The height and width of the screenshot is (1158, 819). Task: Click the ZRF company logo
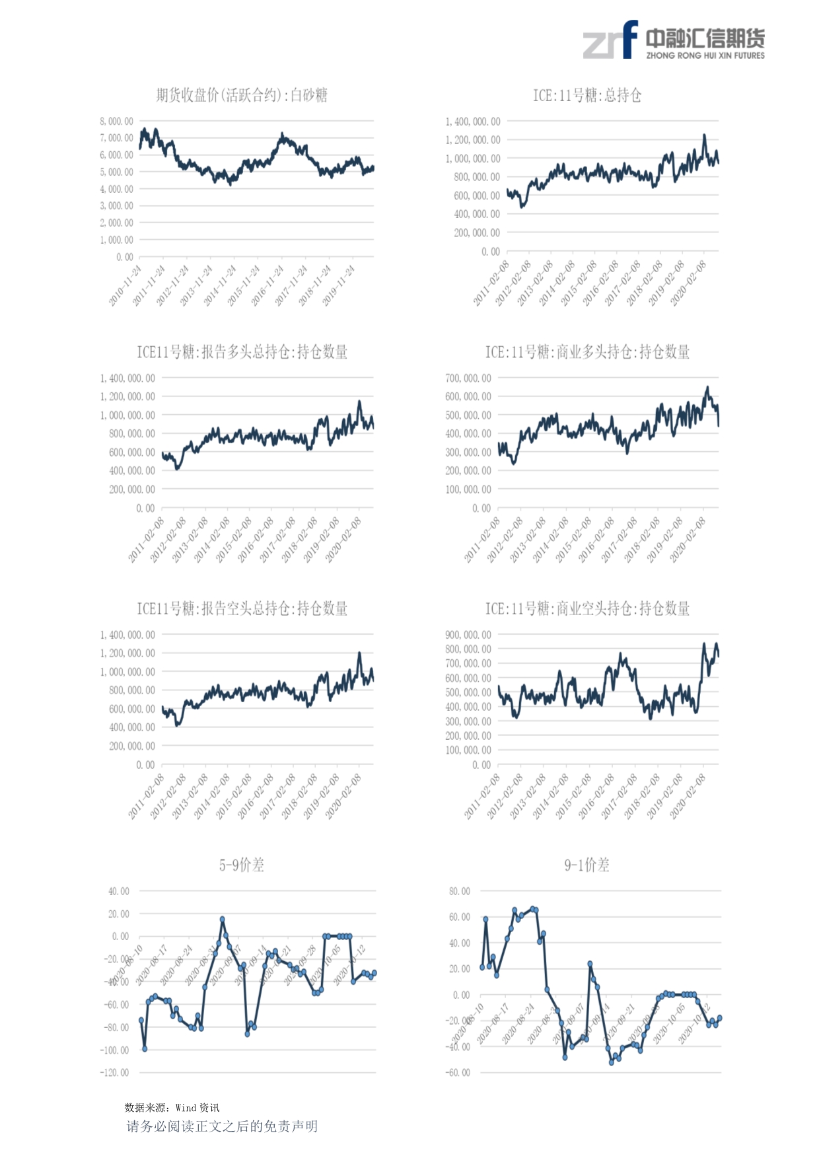coord(673,40)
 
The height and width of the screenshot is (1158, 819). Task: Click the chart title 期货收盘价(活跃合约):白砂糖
coord(242,96)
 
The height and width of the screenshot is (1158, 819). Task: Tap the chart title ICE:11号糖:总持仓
coord(587,96)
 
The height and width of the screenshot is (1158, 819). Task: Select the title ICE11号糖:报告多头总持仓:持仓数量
coord(242,352)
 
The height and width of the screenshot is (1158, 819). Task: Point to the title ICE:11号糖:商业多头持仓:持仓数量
coord(587,352)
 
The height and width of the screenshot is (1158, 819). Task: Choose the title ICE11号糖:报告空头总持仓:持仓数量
coord(242,608)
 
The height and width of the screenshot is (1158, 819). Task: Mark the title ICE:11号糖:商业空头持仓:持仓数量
coord(587,608)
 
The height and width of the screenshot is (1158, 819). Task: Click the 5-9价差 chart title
coord(242,865)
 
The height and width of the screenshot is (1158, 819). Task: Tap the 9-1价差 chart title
coord(587,865)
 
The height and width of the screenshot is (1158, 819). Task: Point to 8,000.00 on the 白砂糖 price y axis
coord(117,122)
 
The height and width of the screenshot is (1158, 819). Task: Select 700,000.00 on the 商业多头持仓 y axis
coord(468,379)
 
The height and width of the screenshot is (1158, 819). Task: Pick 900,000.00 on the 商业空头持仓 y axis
coord(468,635)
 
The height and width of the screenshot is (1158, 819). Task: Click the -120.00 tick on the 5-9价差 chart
coord(114,1073)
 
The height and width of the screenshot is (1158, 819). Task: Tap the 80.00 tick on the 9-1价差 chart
coord(460,892)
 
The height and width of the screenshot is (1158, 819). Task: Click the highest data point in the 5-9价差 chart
coord(223,920)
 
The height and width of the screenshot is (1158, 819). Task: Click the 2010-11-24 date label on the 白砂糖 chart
coord(125,285)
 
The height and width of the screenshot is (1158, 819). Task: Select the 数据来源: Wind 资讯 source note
coord(172,1108)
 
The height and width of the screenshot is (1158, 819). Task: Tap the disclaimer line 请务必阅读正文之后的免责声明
coord(222,1126)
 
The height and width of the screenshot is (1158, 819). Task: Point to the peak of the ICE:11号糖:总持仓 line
coord(705,135)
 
